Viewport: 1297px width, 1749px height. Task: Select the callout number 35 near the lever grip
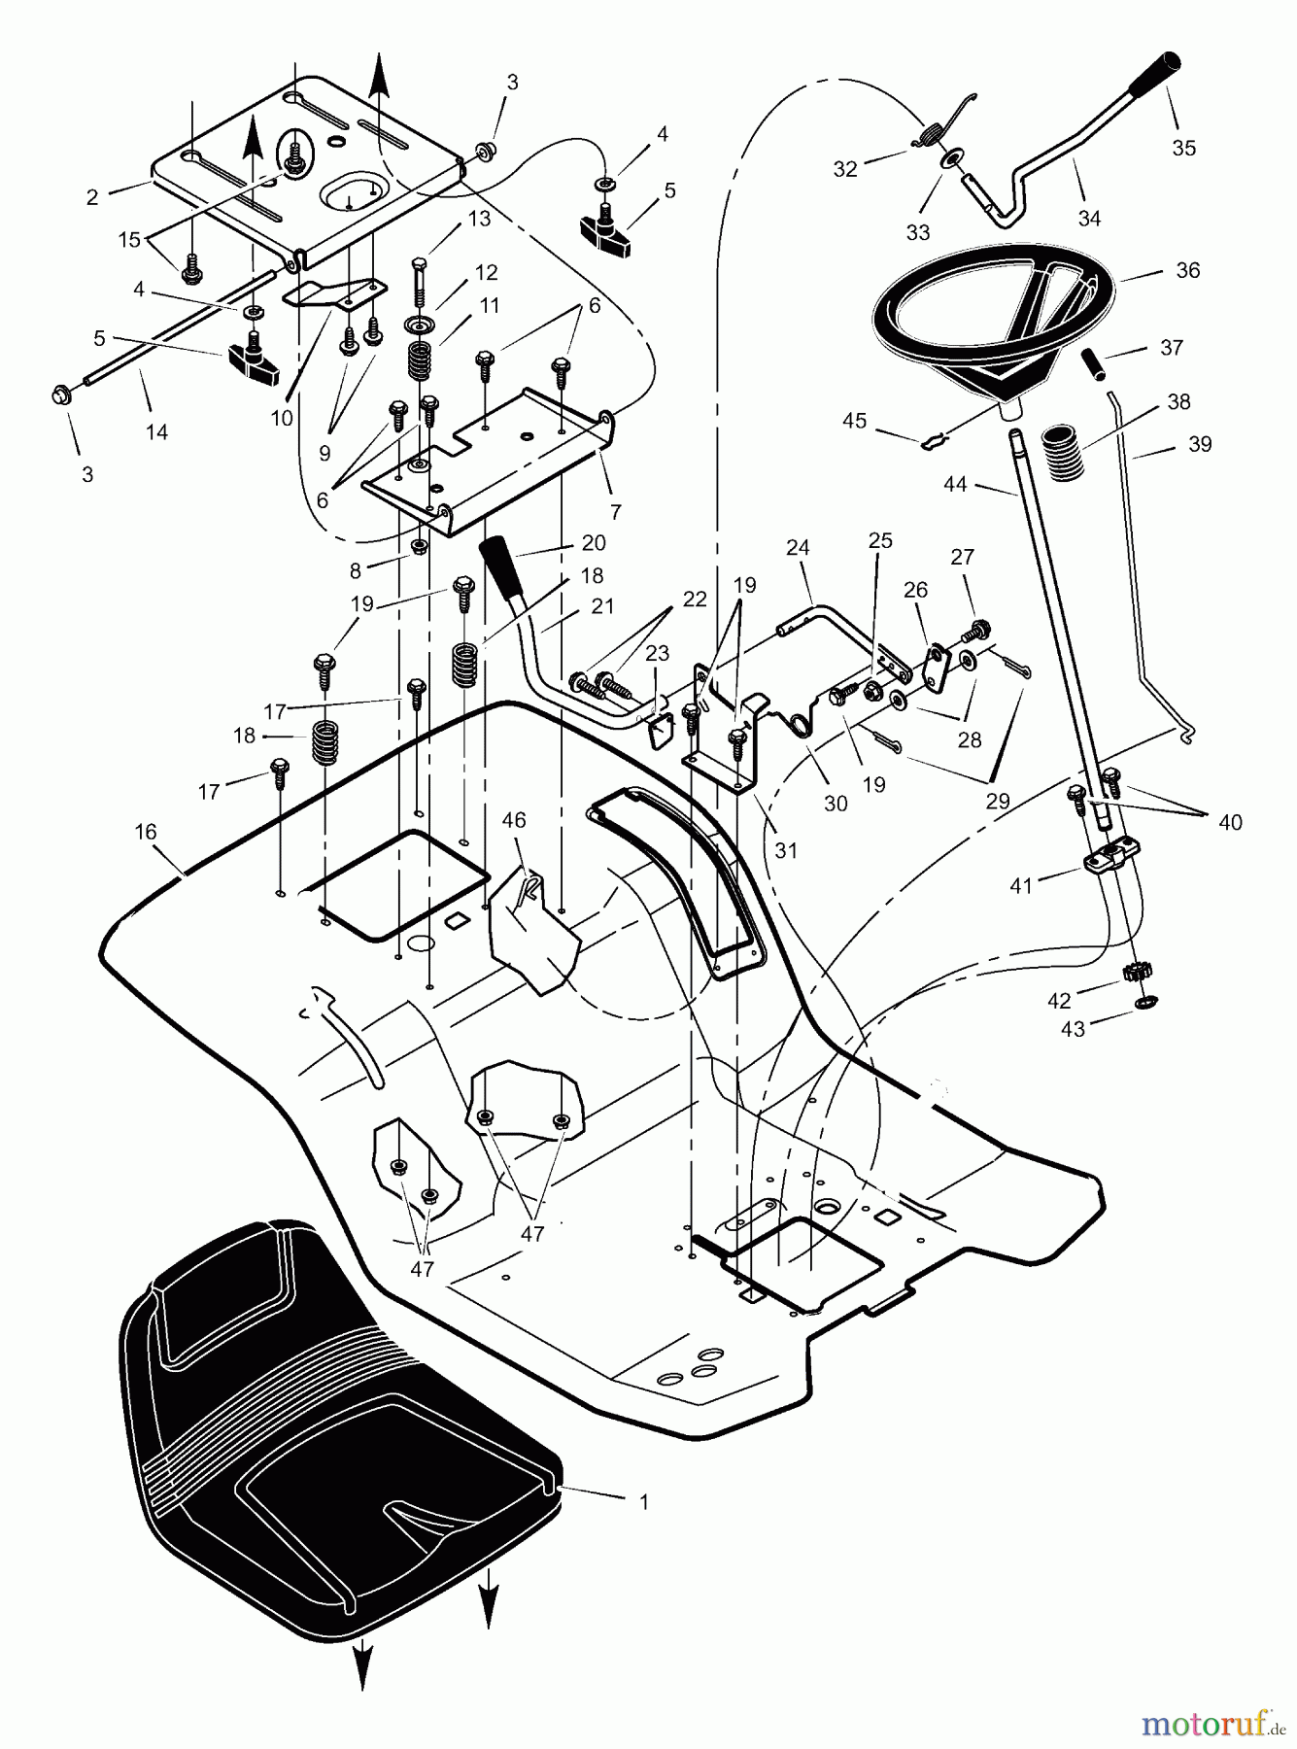[x=1183, y=148]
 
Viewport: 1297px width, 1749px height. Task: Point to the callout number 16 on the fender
[x=146, y=833]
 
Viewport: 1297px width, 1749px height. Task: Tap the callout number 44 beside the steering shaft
[x=955, y=483]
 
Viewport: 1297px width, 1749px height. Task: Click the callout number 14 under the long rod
[x=156, y=431]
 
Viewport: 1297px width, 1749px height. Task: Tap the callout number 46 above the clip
[x=513, y=821]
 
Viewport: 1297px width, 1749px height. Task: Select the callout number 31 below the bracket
[x=786, y=850]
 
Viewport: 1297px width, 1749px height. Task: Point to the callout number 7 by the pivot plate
[x=615, y=511]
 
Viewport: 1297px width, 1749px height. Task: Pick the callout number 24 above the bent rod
[x=798, y=548]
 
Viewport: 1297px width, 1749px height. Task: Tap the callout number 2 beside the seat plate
[x=92, y=197]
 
